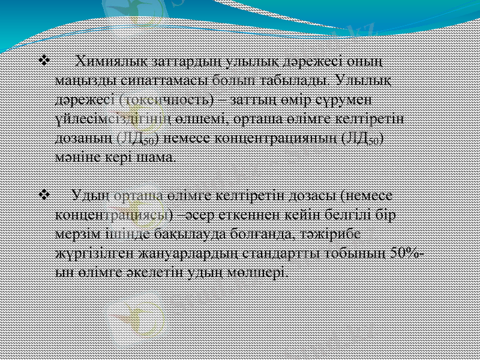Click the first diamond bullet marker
pyautogui.click(x=43, y=60)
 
